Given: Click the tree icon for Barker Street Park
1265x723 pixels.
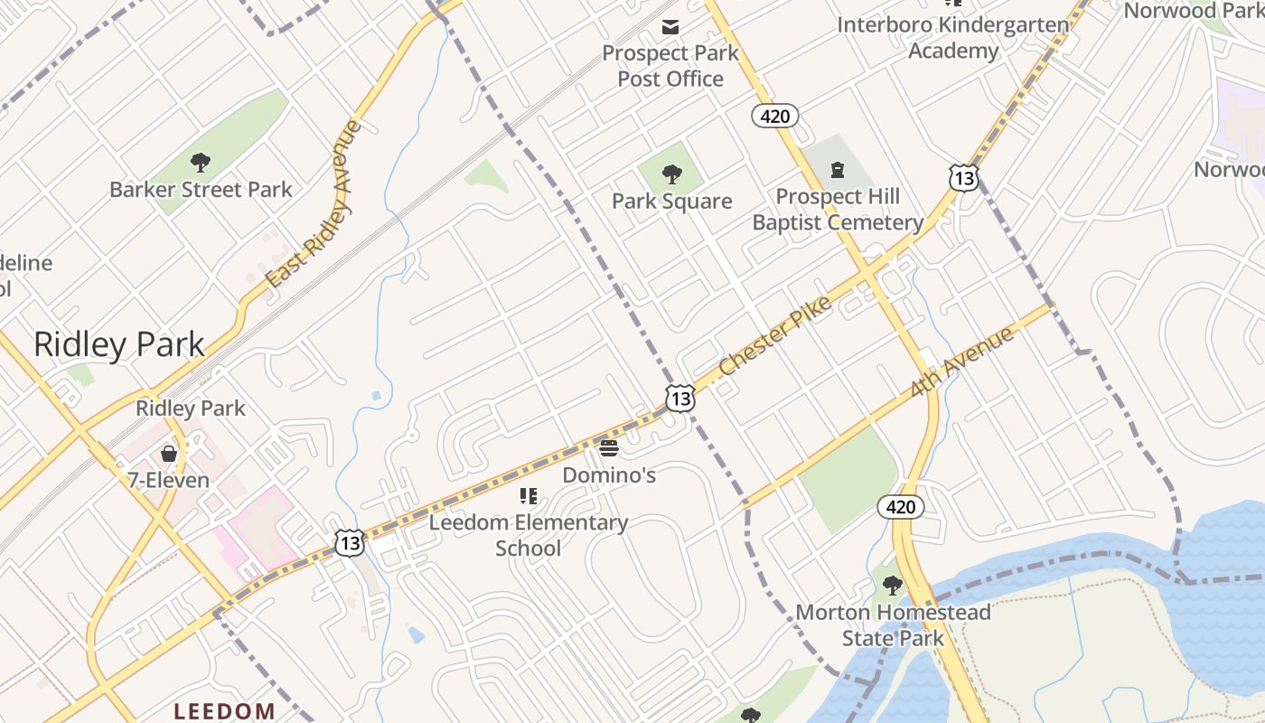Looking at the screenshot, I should (x=201, y=163).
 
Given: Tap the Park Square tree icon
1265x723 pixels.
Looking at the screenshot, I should (x=671, y=174).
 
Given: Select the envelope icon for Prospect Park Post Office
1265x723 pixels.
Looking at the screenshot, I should (x=670, y=27).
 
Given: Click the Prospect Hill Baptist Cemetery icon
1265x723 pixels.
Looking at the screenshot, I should (x=838, y=169).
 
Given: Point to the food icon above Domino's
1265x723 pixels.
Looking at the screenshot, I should (x=608, y=447).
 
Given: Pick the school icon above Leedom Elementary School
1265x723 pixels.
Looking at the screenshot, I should (x=529, y=495).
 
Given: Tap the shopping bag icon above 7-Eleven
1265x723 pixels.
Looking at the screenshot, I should (x=168, y=453).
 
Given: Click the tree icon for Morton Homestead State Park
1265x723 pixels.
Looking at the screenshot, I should (x=893, y=586).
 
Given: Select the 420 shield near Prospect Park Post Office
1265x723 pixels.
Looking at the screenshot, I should (x=775, y=116).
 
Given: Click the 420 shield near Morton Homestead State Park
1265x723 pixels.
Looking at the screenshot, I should (x=900, y=507).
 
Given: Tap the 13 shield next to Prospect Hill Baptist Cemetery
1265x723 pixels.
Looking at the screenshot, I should (x=963, y=178).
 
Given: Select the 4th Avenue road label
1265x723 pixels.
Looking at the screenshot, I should (x=962, y=362).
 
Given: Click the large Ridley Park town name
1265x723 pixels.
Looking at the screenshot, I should (x=119, y=344).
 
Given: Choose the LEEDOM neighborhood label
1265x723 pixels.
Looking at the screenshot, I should (x=224, y=711).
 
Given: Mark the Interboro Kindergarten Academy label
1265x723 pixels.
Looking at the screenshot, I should (x=953, y=37).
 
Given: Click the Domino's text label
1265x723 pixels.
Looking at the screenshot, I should (x=609, y=474).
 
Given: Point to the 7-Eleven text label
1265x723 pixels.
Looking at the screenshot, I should (x=168, y=480).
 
